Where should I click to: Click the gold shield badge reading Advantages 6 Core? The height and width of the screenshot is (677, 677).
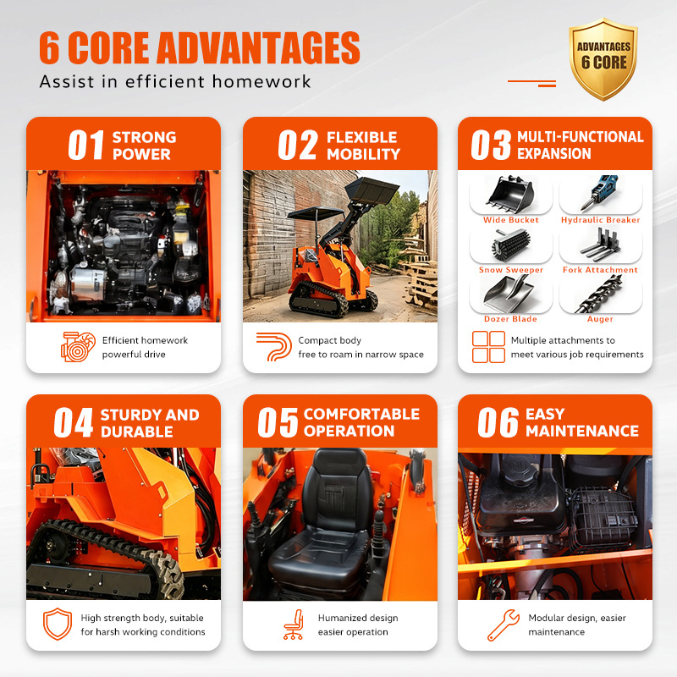pyautogui.click(x=603, y=58)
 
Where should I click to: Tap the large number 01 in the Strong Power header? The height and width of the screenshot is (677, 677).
pyautogui.click(x=86, y=145)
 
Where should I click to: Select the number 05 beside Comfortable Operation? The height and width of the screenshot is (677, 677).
pyautogui.click(x=278, y=422)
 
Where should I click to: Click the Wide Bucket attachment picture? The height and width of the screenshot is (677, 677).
pyautogui.click(x=510, y=195)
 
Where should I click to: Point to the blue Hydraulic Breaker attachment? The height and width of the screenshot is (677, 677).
pyautogui.click(x=599, y=192)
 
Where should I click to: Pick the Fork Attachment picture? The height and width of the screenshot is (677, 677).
pyautogui.click(x=601, y=245)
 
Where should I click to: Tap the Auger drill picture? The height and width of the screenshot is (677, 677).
pyautogui.click(x=599, y=294)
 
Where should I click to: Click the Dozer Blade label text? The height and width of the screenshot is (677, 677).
pyautogui.click(x=510, y=319)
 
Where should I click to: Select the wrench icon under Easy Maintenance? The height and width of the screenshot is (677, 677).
pyautogui.click(x=503, y=625)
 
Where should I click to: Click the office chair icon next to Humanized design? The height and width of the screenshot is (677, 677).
pyautogui.click(x=294, y=625)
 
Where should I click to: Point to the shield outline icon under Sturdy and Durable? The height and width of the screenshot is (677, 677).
pyautogui.click(x=58, y=624)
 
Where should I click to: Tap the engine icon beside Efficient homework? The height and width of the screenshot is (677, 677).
pyautogui.click(x=78, y=347)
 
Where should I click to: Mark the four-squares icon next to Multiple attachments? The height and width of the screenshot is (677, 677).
pyautogui.click(x=488, y=347)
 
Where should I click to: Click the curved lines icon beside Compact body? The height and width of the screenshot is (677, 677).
pyautogui.click(x=273, y=346)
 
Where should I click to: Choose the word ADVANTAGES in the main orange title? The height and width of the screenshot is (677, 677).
pyautogui.click(x=258, y=47)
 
